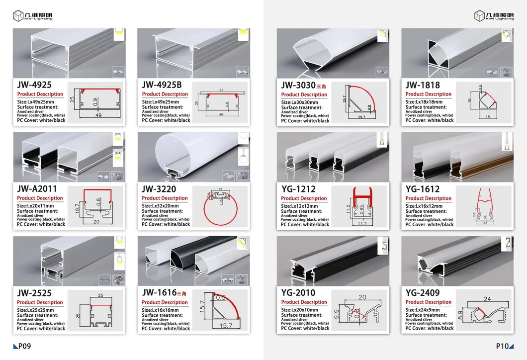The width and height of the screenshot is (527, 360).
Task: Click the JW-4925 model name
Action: tap(34, 85)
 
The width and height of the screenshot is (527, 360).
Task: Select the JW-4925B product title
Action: tap(162, 85)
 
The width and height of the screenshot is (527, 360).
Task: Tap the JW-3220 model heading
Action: tap(159, 189)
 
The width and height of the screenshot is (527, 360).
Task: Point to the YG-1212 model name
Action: tap(298, 189)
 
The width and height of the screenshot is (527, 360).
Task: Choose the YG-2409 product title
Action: tap(423, 293)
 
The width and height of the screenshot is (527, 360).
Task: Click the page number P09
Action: tap(22, 347)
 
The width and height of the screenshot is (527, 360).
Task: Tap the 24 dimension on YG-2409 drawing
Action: tap(487, 299)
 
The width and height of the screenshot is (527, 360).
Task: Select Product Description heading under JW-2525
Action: tap(40, 302)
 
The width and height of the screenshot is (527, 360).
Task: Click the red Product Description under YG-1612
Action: tap(429, 198)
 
